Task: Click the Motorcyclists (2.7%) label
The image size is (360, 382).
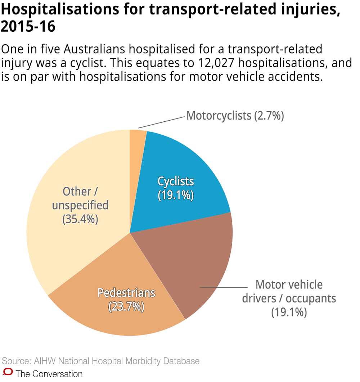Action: coord(235,116)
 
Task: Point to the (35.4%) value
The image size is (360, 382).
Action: coord(80,219)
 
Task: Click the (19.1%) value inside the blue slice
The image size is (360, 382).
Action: coord(176,195)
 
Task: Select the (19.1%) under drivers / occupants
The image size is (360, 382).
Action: coord(289,312)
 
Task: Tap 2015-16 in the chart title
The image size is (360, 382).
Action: coord(28,27)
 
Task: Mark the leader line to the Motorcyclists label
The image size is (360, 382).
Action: coord(162,122)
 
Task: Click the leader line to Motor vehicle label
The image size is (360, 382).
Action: coord(223,287)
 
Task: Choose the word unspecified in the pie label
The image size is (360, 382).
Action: coord(80,205)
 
